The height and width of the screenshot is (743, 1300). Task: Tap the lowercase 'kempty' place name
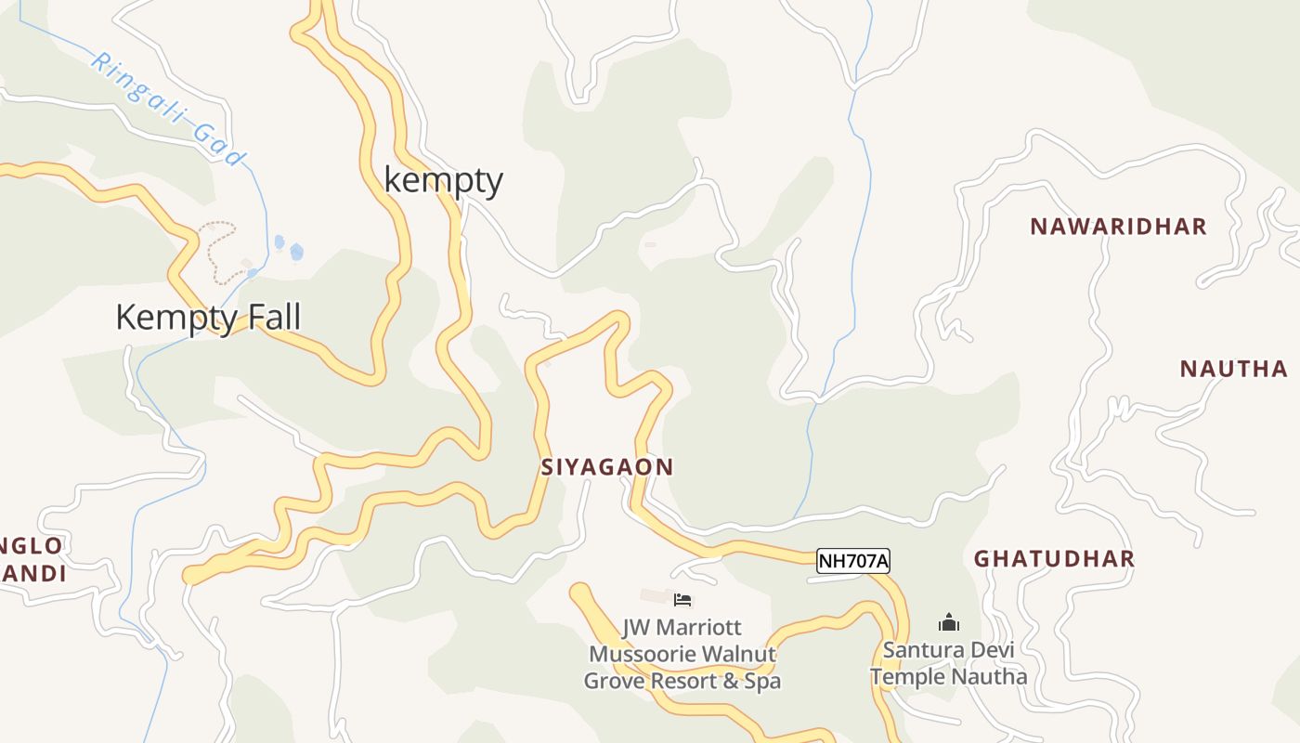pyautogui.click(x=444, y=180)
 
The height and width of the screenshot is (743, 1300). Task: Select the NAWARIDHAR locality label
pyautogui.click(x=1118, y=227)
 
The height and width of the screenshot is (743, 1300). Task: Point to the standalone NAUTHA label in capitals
pyautogui.click(x=1233, y=369)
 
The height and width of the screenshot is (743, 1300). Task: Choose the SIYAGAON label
pyautogui.click(x=607, y=467)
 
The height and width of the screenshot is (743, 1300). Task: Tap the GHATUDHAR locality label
pyautogui.click(x=1054, y=558)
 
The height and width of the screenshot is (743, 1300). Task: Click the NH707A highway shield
pyautogui.click(x=853, y=561)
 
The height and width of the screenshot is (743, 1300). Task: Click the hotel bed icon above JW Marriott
pyautogui.click(x=682, y=600)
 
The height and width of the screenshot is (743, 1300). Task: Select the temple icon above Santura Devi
pyautogui.click(x=948, y=621)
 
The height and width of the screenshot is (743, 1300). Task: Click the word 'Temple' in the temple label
pyautogui.click(x=905, y=676)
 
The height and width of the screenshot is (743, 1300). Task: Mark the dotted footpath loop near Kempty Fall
pyautogui.click(x=217, y=249)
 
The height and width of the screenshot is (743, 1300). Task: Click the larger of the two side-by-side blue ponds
pyautogui.click(x=296, y=251)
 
